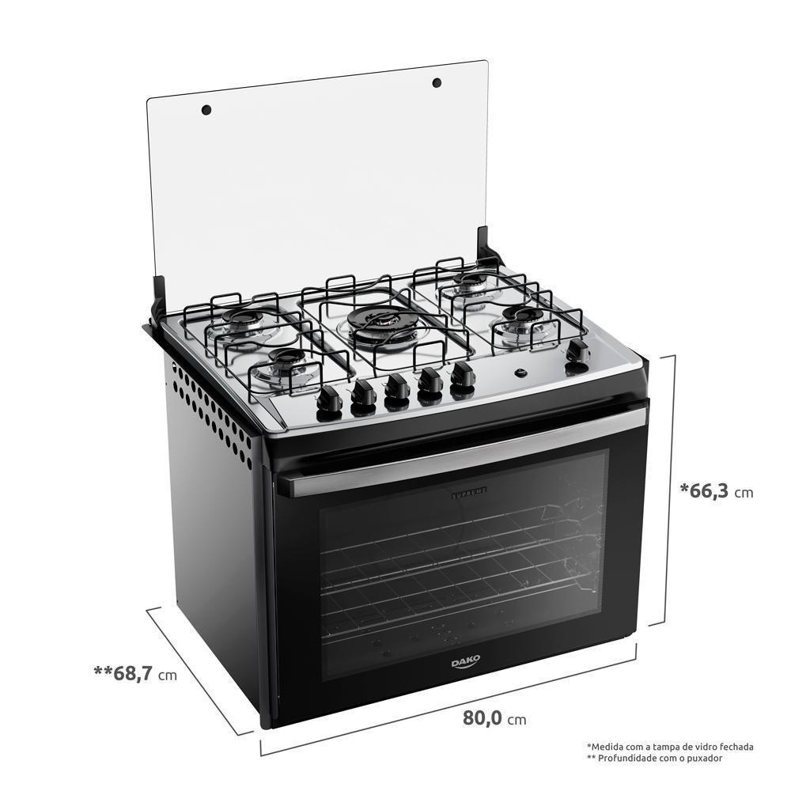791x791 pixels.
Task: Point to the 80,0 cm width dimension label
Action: click(494, 719)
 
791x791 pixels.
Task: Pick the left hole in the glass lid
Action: click(206, 109)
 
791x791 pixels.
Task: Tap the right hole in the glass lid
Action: click(436, 82)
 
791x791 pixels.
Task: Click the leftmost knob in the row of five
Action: click(328, 399)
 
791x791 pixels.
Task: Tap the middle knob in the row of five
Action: click(396, 388)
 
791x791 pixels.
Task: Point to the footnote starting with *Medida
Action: click(670, 746)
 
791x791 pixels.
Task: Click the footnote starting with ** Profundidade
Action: click(655, 758)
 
